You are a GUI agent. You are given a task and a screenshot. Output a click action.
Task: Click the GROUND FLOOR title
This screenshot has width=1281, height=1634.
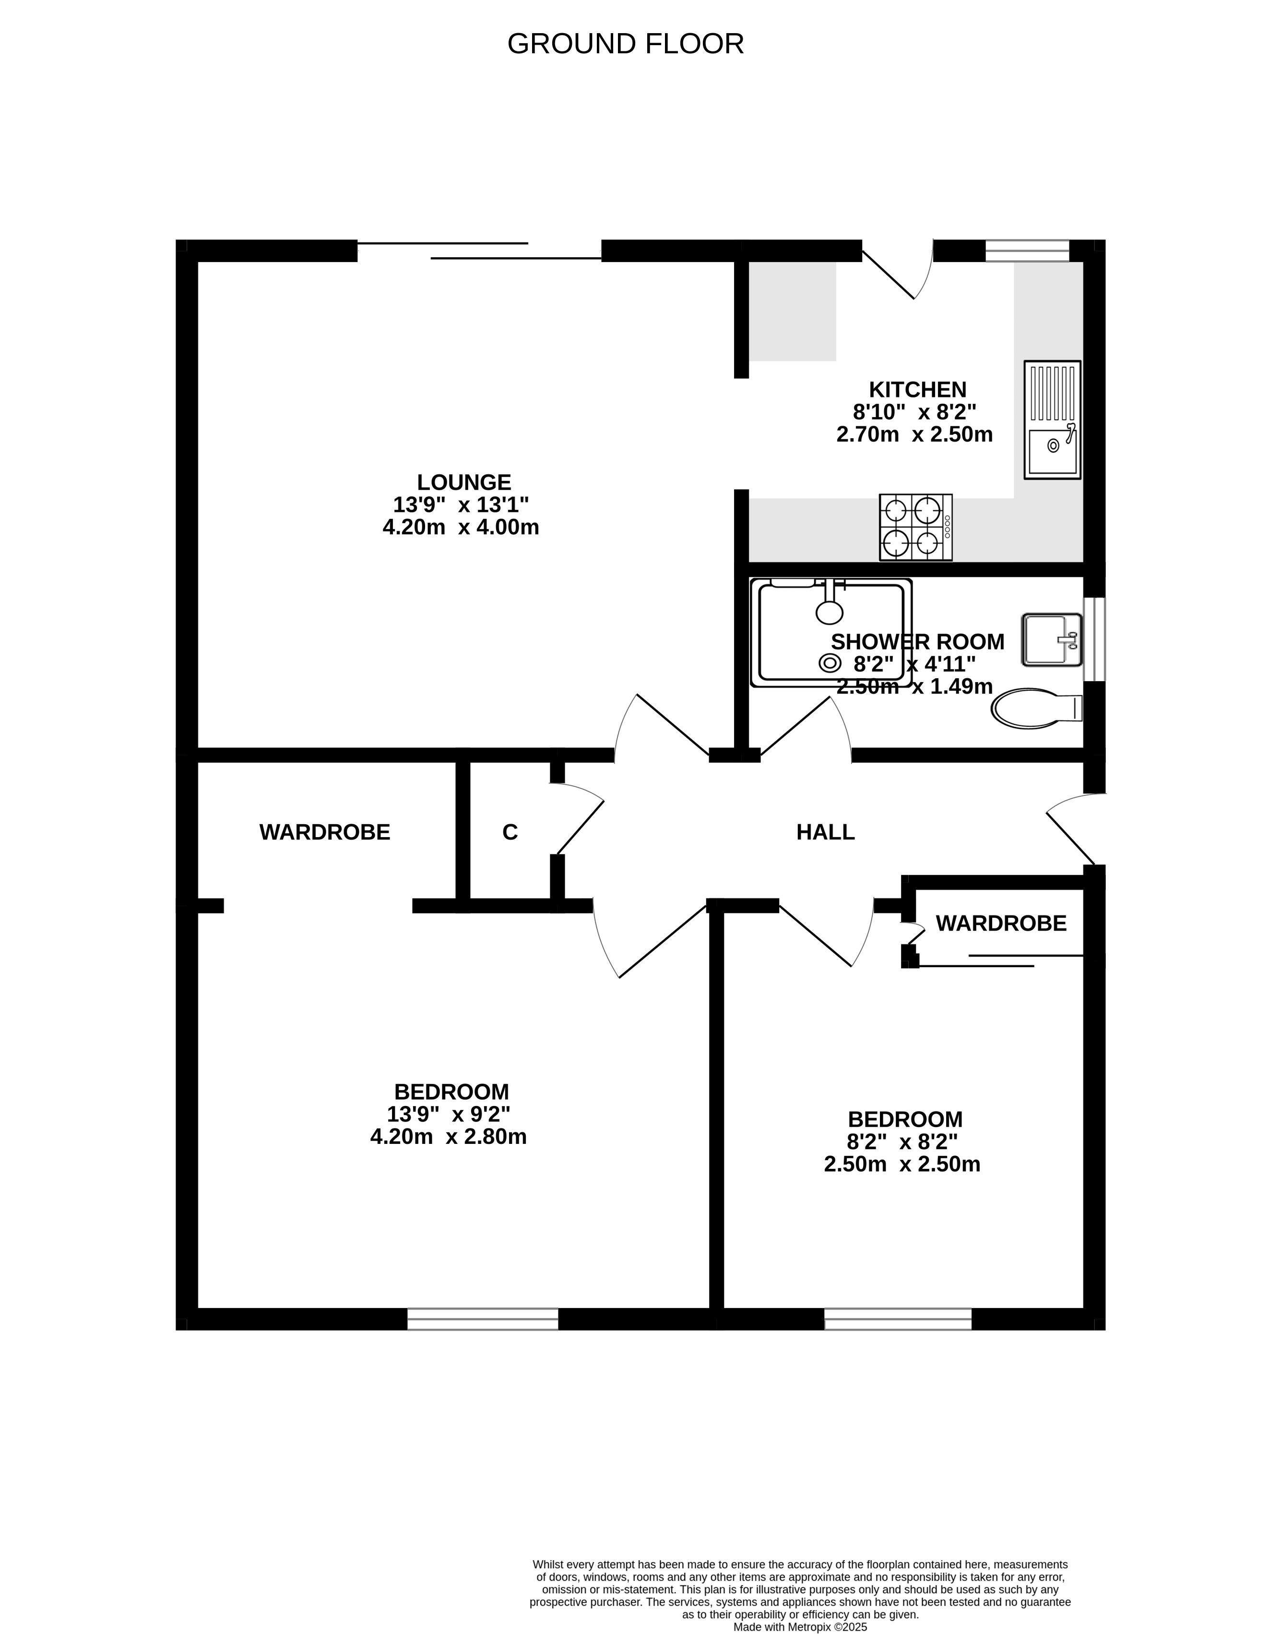coord(626,44)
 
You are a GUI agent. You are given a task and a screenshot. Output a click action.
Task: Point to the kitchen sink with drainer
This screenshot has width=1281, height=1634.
coord(1052,420)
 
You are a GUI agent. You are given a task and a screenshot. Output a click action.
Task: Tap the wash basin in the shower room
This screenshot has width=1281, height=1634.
coord(1052,639)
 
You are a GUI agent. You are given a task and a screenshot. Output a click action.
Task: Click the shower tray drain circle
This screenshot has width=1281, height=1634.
coord(830,662)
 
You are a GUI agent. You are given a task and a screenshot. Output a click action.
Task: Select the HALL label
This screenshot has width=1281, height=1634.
coord(825,832)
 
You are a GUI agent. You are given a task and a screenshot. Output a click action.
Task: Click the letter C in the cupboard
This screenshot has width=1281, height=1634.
coord(510,832)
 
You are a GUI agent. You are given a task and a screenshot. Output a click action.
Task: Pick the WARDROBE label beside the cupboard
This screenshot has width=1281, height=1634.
coord(325,832)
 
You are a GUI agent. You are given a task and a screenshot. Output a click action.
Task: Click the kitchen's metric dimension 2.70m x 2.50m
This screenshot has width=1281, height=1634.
coord(915,434)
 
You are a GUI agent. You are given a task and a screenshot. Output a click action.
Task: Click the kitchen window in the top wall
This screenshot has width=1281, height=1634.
coord(1027,251)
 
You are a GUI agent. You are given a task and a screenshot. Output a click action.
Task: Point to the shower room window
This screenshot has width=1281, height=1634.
coord(1094,639)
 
